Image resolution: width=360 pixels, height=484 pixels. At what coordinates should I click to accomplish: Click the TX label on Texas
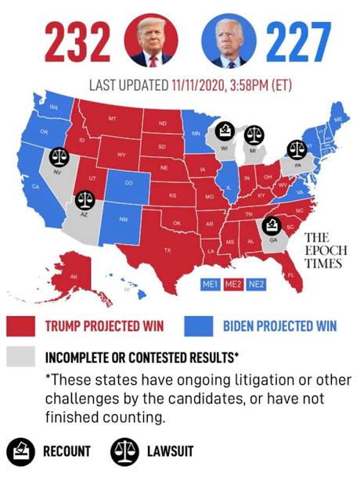point(167,249)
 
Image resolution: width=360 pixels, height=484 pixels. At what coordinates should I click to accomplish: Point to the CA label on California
point(35,188)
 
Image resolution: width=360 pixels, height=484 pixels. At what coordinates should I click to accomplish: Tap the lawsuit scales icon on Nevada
point(59,158)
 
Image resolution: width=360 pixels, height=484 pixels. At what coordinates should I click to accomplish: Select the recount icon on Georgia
point(272,226)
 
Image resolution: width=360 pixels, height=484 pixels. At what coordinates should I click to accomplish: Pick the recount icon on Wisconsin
point(225,130)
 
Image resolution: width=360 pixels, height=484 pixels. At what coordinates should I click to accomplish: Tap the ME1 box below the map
point(209,285)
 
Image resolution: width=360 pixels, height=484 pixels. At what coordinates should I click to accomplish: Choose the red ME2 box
point(232,285)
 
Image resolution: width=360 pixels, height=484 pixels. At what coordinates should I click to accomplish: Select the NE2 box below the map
point(256,285)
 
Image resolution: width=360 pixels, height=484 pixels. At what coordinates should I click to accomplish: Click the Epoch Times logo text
point(322,250)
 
